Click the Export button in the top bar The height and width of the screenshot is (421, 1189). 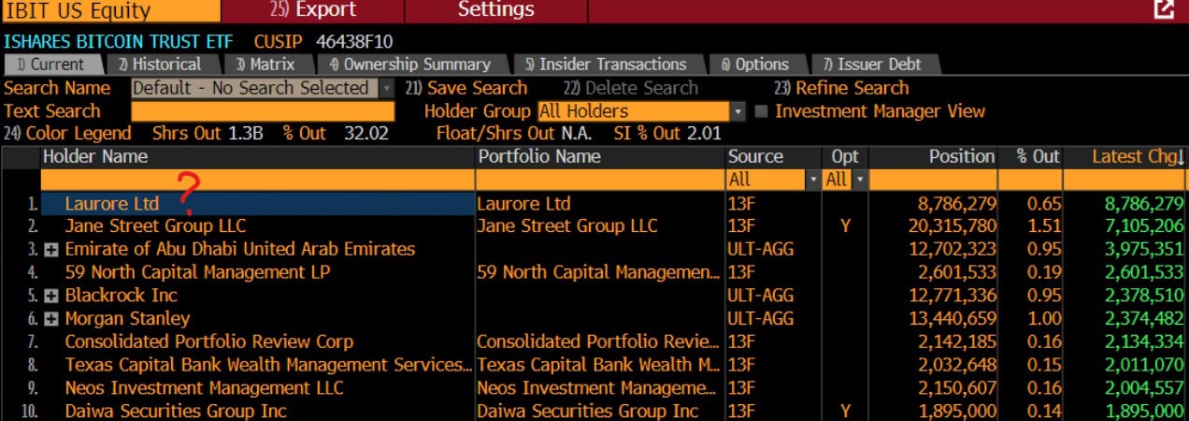[x=313, y=10]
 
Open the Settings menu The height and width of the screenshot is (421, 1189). [x=495, y=10]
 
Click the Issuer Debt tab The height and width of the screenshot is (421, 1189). [x=872, y=65]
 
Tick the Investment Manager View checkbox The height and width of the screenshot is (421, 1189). [x=761, y=111]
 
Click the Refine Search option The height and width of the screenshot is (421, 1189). [x=841, y=88]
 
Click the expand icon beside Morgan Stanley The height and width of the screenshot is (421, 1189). [x=52, y=319]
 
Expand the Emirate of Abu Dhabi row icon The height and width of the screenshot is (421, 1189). [x=52, y=250]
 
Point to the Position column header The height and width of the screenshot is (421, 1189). [x=961, y=157]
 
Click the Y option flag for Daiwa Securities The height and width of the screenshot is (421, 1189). [x=845, y=411]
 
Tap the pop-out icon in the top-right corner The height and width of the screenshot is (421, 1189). [x=1164, y=10]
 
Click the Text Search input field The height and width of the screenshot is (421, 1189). [x=263, y=111]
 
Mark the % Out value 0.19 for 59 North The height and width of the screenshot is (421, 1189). [x=1044, y=272]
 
